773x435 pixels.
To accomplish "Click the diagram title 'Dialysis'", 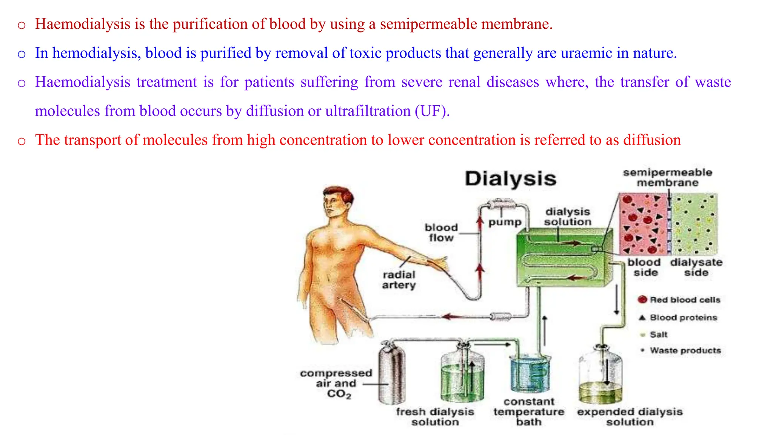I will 510,179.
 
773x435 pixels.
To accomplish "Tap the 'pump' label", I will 505,222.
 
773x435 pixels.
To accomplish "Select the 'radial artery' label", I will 399,280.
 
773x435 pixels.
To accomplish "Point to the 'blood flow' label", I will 441,233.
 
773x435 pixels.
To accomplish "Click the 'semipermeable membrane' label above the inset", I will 667,177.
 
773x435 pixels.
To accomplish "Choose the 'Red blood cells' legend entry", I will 684,300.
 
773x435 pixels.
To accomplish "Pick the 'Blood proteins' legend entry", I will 683,318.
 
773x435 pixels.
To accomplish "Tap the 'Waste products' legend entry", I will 685,350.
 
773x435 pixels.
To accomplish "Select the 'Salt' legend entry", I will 658,335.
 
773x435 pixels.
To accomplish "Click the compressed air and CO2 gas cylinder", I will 391,374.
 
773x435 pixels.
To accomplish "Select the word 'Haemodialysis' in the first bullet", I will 83,24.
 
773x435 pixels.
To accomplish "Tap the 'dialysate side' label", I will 696,267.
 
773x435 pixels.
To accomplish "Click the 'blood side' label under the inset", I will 644,267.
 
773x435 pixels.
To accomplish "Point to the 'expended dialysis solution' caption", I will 630,417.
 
